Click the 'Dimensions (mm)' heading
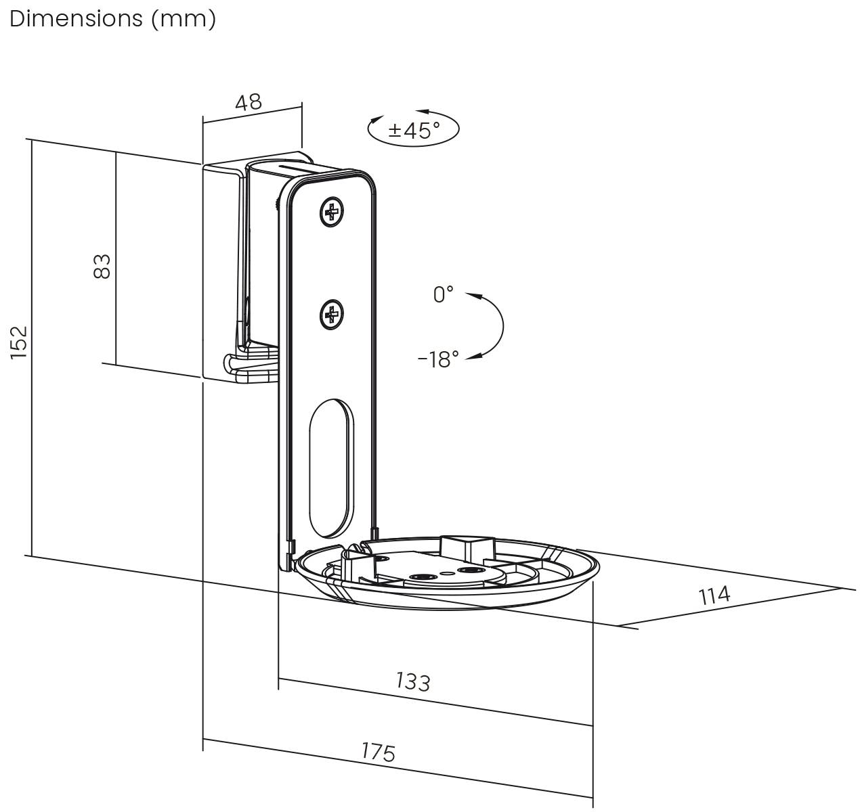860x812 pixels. (x=113, y=18)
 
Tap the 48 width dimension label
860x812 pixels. (x=249, y=102)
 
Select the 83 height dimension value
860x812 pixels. (x=102, y=266)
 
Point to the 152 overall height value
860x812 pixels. (x=19, y=342)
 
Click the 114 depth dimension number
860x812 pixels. (x=714, y=595)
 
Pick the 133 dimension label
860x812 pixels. (x=412, y=681)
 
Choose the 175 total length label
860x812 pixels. (x=378, y=752)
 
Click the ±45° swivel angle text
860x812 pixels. (x=414, y=129)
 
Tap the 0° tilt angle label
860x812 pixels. (x=444, y=294)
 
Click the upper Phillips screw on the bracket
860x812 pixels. (x=331, y=212)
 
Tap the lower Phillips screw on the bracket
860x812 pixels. (x=331, y=314)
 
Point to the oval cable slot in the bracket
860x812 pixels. (x=330, y=466)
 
